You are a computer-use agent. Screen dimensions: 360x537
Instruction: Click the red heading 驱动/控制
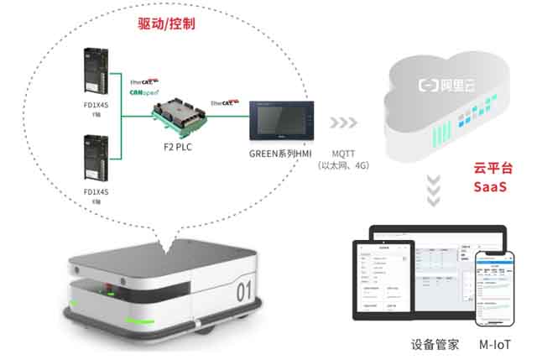(x=166, y=24)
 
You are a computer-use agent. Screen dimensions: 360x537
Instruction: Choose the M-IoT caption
(x=495, y=345)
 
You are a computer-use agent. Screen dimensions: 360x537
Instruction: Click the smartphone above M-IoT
(x=496, y=289)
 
